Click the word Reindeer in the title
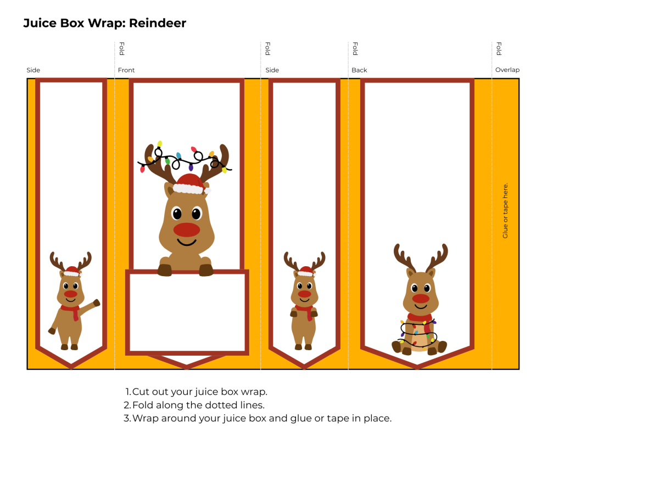(x=158, y=23)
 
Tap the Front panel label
(x=126, y=70)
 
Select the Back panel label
(x=359, y=70)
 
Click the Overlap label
(x=507, y=70)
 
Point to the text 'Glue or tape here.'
(x=505, y=210)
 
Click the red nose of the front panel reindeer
(x=187, y=229)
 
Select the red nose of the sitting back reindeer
(x=421, y=298)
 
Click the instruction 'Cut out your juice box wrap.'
(x=199, y=392)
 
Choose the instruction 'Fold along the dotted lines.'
(x=198, y=405)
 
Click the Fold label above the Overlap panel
(x=499, y=49)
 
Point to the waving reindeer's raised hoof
(x=97, y=302)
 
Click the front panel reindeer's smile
(x=187, y=243)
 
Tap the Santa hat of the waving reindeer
(x=71, y=271)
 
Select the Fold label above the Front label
(x=121, y=49)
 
